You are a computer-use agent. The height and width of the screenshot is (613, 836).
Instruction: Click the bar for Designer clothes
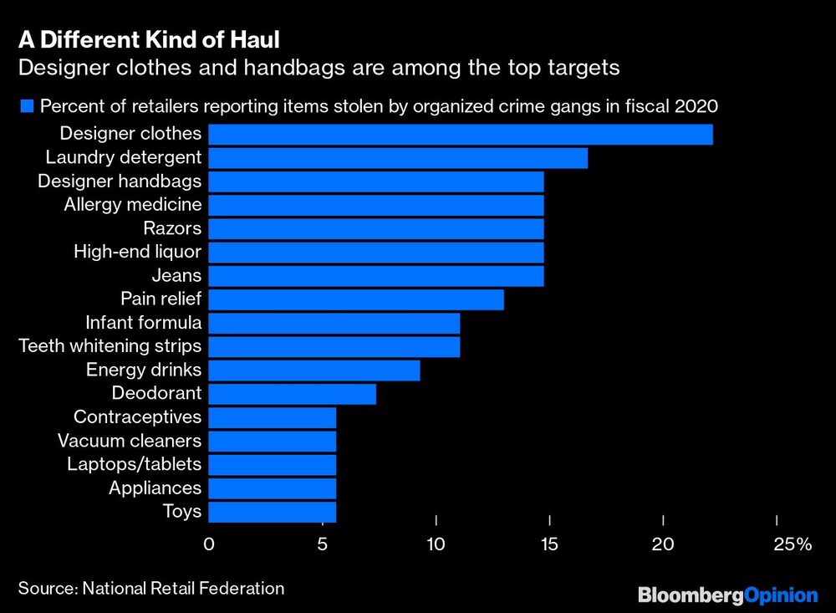tap(460, 134)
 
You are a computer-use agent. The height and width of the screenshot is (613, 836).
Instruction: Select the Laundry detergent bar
tap(397, 157)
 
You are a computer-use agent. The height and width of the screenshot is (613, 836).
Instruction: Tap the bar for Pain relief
tap(355, 299)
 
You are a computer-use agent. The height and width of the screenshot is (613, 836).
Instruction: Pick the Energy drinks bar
tap(313, 370)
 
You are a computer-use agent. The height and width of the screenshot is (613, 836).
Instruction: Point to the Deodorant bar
tap(292, 393)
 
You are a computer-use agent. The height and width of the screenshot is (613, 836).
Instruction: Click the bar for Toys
tap(272, 511)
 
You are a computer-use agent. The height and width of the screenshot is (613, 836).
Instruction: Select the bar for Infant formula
tap(334, 323)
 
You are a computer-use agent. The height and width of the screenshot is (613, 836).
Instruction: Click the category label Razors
tap(172, 228)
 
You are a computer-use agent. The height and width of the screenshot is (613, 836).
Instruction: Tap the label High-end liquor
tap(137, 252)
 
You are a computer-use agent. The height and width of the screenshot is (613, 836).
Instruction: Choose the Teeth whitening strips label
tap(110, 346)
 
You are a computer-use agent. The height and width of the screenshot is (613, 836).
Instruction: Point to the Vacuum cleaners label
tap(129, 441)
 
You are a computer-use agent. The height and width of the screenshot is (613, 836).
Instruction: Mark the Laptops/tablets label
tap(134, 464)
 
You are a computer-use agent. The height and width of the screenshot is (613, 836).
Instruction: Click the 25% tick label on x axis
tap(792, 544)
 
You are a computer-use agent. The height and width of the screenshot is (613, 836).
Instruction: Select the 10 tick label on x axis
tap(436, 544)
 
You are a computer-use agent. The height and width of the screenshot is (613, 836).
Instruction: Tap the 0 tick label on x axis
tap(209, 544)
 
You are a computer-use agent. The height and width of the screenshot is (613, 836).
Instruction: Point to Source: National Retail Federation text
tap(151, 589)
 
